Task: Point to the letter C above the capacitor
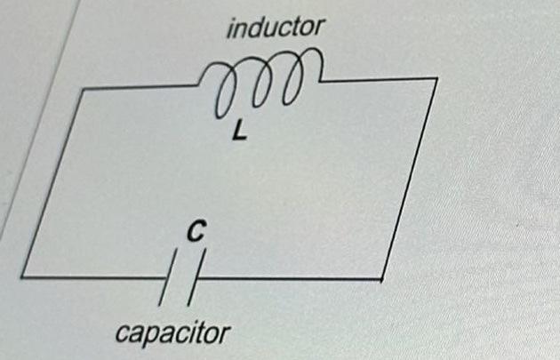[195, 233]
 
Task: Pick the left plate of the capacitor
[168, 283]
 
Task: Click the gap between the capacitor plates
[182, 278]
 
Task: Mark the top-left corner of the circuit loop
[82, 89]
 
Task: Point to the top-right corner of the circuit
[436, 78]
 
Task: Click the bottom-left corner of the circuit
[21, 276]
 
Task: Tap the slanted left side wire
[52, 182]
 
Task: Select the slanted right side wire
[410, 178]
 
